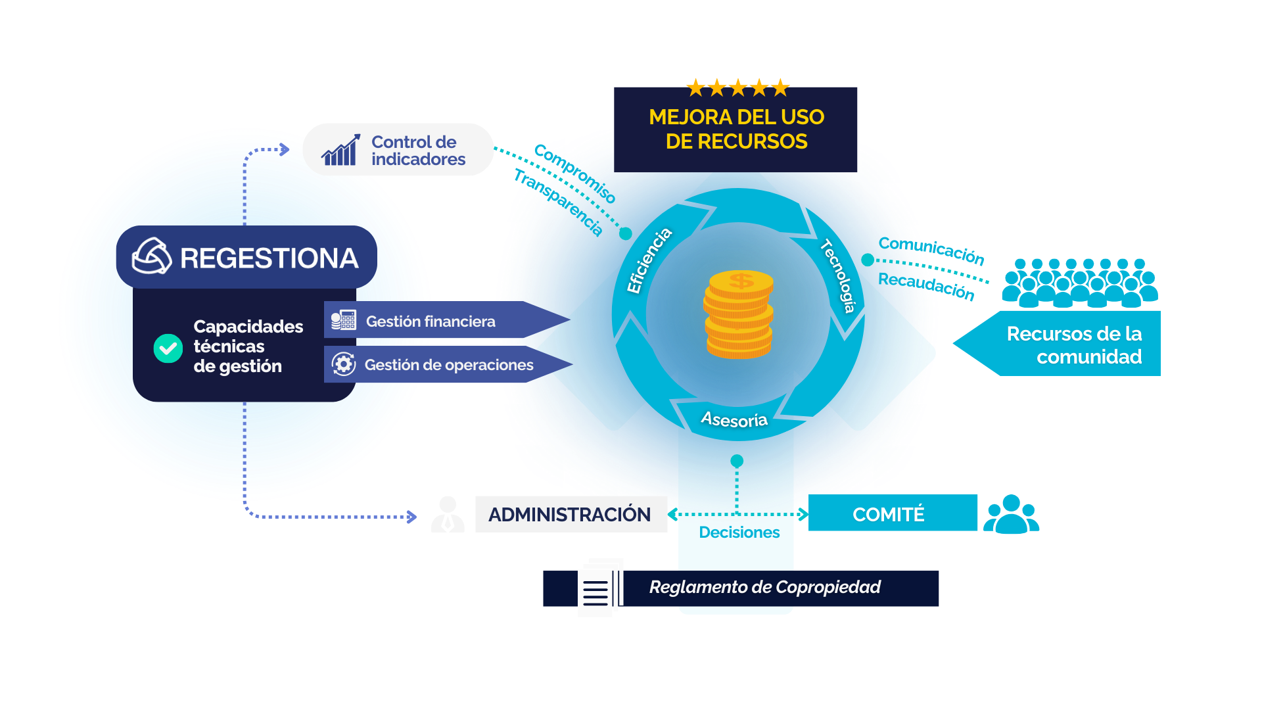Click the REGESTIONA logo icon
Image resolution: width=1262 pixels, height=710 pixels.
[x=152, y=256]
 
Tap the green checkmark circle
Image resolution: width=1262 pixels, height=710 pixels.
[x=168, y=348]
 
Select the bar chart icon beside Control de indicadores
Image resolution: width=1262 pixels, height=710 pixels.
[x=340, y=151]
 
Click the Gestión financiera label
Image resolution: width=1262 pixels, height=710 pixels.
[x=431, y=321]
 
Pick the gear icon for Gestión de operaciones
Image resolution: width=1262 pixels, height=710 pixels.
[x=343, y=364]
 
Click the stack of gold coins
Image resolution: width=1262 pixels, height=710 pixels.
[x=739, y=314]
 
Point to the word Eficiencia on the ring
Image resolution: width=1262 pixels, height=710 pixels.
[x=649, y=260]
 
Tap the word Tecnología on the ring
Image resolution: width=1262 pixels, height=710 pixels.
[x=839, y=276]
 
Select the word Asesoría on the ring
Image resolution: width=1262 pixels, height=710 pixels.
[x=734, y=419]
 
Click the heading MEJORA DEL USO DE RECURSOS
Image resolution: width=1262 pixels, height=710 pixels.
[x=736, y=130]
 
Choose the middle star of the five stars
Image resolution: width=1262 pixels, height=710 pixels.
[x=737, y=87]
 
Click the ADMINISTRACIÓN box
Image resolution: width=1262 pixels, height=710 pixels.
[x=570, y=514]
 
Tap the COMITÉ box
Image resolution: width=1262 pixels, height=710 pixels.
[x=889, y=513]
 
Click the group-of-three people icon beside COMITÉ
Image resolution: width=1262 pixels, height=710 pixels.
[x=1011, y=514]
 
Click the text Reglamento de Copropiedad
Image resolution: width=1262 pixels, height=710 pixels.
[x=764, y=587]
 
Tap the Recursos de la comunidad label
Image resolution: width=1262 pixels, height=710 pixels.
[x=1074, y=344]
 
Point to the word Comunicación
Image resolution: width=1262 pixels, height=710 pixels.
[x=931, y=250]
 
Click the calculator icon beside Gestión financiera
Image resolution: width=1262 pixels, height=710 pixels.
[x=343, y=320]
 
